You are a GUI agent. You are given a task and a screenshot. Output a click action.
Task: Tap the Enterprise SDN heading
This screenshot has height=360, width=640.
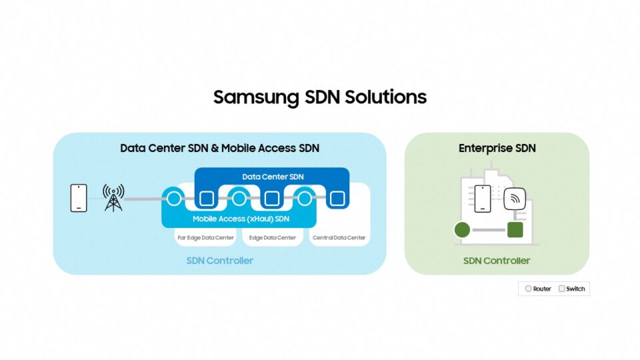point(497,148)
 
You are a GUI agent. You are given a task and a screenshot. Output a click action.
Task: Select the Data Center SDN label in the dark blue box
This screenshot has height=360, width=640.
point(271,176)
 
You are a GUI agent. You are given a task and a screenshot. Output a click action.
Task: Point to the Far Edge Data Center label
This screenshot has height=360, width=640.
point(205,237)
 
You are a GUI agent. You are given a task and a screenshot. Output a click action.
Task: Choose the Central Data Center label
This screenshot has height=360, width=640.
point(339,237)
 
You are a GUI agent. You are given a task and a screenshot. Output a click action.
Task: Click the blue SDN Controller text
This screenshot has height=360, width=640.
point(220,261)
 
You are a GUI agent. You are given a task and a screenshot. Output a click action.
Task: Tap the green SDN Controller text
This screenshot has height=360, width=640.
point(497,261)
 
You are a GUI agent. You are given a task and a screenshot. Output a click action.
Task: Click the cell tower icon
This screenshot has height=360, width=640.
point(113,198)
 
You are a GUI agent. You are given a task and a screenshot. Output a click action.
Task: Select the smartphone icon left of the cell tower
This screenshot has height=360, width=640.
point(79,198)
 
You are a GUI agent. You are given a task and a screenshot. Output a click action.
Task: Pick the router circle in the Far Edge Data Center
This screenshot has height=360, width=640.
point(174,198)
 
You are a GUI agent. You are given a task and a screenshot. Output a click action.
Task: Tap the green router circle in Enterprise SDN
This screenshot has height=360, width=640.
point(462,231)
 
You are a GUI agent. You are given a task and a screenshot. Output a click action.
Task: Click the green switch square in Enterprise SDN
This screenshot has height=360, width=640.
point(515,230)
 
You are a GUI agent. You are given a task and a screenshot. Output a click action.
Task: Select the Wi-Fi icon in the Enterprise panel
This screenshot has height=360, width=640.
point(514,198)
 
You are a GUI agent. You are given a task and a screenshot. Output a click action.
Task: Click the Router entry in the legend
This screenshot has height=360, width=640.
point(538,289)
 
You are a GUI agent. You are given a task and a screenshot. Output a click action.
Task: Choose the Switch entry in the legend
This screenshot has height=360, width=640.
point(571,289)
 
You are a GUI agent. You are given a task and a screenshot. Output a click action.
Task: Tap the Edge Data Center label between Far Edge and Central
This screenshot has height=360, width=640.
point(272,237)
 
